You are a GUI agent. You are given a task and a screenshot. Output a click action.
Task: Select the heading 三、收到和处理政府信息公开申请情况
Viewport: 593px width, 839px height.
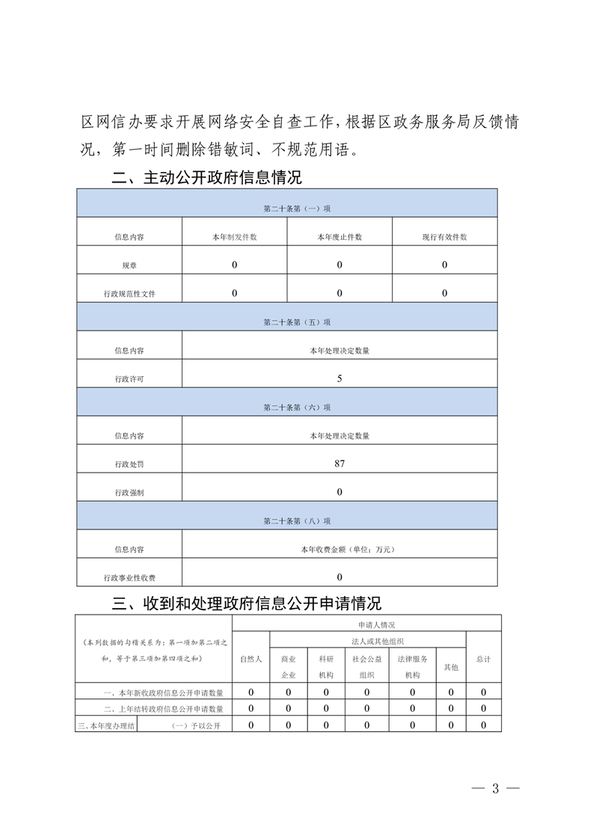click(246, 603)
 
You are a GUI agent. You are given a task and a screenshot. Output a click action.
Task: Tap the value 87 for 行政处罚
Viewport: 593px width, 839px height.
click(339, 464)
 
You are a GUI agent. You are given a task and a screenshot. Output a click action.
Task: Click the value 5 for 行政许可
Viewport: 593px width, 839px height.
click(339, 378)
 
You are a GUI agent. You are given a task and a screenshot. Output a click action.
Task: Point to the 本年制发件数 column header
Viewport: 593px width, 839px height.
click(235, 237)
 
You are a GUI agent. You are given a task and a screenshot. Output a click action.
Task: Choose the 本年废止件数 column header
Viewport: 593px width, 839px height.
click(339, 237)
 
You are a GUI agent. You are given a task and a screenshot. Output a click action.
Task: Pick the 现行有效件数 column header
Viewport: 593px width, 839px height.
click(444, 237)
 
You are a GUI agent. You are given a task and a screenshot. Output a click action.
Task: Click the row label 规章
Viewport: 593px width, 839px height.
click(129, 265)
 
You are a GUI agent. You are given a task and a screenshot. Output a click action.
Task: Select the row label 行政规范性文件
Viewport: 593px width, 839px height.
click(129, 294)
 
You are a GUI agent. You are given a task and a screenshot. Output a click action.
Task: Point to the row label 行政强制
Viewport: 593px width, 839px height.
click(129, 492)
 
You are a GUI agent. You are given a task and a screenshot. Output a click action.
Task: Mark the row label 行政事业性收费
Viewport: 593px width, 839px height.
click(129, 578)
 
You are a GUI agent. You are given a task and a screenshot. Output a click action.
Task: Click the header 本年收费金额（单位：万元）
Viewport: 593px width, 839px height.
click(339, 550)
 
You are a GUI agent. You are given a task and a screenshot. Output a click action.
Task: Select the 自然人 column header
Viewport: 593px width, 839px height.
click(251, 659)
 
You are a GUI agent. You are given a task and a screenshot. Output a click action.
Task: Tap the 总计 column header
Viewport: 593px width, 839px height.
click(483, 659)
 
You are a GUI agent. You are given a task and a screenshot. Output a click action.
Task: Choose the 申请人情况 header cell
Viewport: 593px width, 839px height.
click(366, 624)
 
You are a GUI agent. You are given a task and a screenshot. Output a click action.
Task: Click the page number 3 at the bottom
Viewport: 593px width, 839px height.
click(494, 787)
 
